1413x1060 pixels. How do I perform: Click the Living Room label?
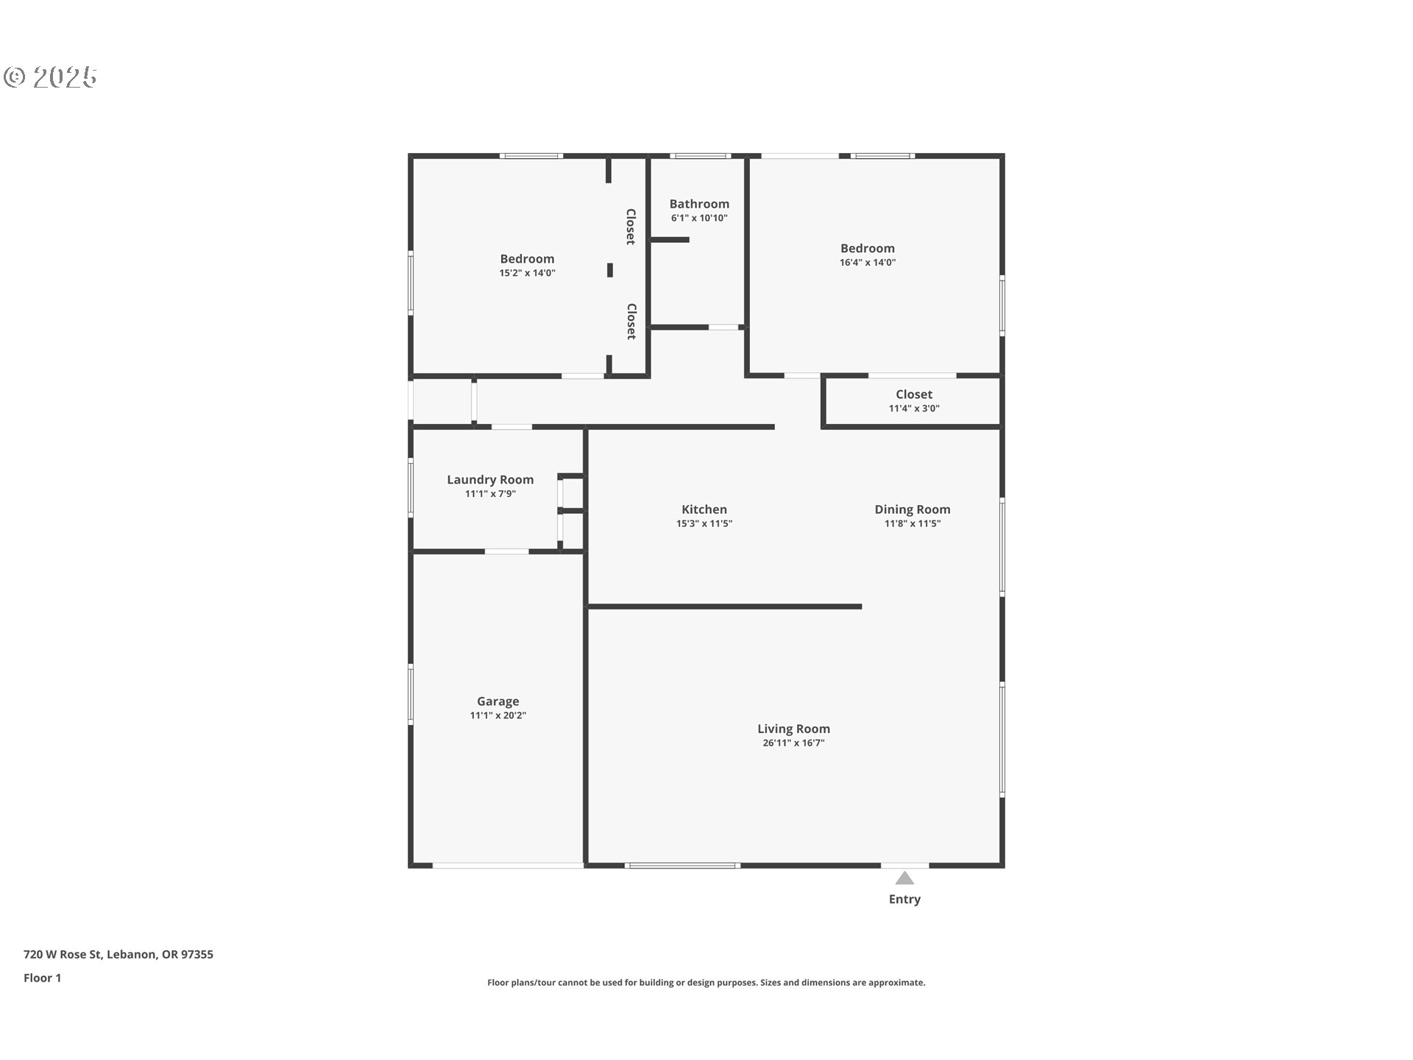tap(793, 729)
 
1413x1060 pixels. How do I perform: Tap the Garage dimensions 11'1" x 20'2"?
tap(498, 715)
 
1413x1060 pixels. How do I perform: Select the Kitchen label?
tap(704, 509)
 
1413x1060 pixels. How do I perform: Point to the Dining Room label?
tap(913, 509)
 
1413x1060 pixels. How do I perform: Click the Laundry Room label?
tap(490, 480)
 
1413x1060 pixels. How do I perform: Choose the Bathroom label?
tap(699, 204)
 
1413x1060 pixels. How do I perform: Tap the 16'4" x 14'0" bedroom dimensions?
tap(868, 262)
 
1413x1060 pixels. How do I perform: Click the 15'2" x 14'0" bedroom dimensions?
tap(527, 273)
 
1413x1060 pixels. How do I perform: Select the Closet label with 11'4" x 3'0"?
tap(914, 395)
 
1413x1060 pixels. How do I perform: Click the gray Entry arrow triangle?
tap(904, 878)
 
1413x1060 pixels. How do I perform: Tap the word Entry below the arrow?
tap(904, 900)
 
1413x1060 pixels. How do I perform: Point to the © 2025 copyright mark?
tap(50, 77)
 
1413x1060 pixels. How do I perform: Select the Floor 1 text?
tap(43, 978)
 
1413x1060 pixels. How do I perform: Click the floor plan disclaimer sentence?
tap(706, 983)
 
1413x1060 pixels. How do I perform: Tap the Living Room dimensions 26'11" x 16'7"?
tap(793, 743)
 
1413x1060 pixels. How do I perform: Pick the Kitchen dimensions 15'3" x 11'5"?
tap(704, 524)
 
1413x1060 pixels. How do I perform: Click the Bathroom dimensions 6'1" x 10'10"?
tap(699, 219)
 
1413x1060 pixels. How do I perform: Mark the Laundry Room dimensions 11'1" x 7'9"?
tap(490, 494)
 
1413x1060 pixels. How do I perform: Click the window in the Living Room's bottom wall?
tap(682, 866)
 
